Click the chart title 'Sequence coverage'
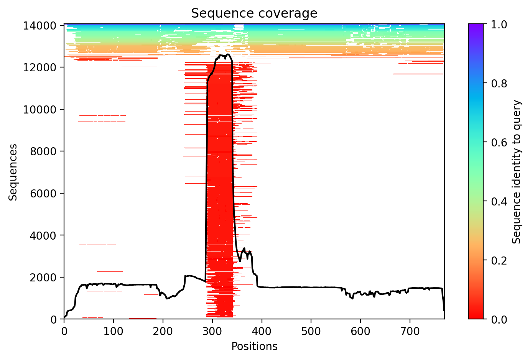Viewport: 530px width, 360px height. coord(254,13)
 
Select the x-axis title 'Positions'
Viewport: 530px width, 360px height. coord(254,347)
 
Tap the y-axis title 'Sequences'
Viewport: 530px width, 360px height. coord(13,172)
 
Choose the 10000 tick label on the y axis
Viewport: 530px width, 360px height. coord(43,109)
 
